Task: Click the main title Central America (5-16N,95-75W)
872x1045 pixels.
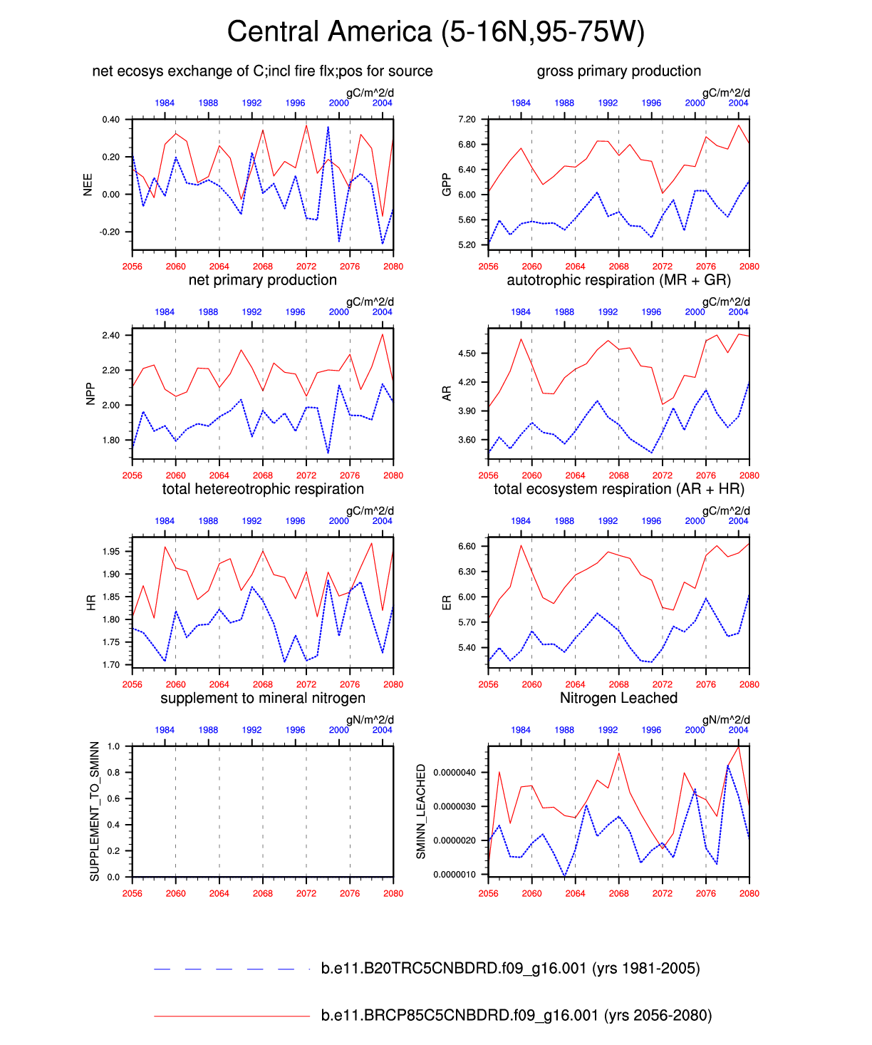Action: coord(435,32)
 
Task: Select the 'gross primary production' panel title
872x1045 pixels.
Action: coord(618,71)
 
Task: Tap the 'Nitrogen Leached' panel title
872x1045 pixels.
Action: coord(618,699)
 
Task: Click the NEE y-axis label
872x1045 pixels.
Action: coord(88,185)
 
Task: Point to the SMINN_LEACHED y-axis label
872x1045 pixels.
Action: coord(421,811)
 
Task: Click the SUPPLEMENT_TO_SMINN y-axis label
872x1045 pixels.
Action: coord(95,811)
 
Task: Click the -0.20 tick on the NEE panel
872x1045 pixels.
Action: coord(110,232)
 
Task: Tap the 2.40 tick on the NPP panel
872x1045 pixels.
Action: coord(110,336)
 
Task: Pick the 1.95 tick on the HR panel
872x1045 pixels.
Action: coord(110,552)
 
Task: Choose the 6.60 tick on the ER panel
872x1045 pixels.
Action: coord(467,547)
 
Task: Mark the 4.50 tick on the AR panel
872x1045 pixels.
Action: coord(467,354)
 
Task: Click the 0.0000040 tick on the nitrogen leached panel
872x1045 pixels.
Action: coord(455,773)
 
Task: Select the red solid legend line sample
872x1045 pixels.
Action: coord(231,1016)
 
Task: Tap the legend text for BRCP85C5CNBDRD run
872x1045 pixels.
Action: coord(516,1016)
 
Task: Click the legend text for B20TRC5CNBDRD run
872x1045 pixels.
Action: coord(510,969)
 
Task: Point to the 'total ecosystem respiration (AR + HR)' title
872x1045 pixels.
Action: coord(618,490)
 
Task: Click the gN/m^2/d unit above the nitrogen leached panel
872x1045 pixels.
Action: coord(726,720)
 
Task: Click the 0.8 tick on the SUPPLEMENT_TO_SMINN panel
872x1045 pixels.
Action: coord(113,773)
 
